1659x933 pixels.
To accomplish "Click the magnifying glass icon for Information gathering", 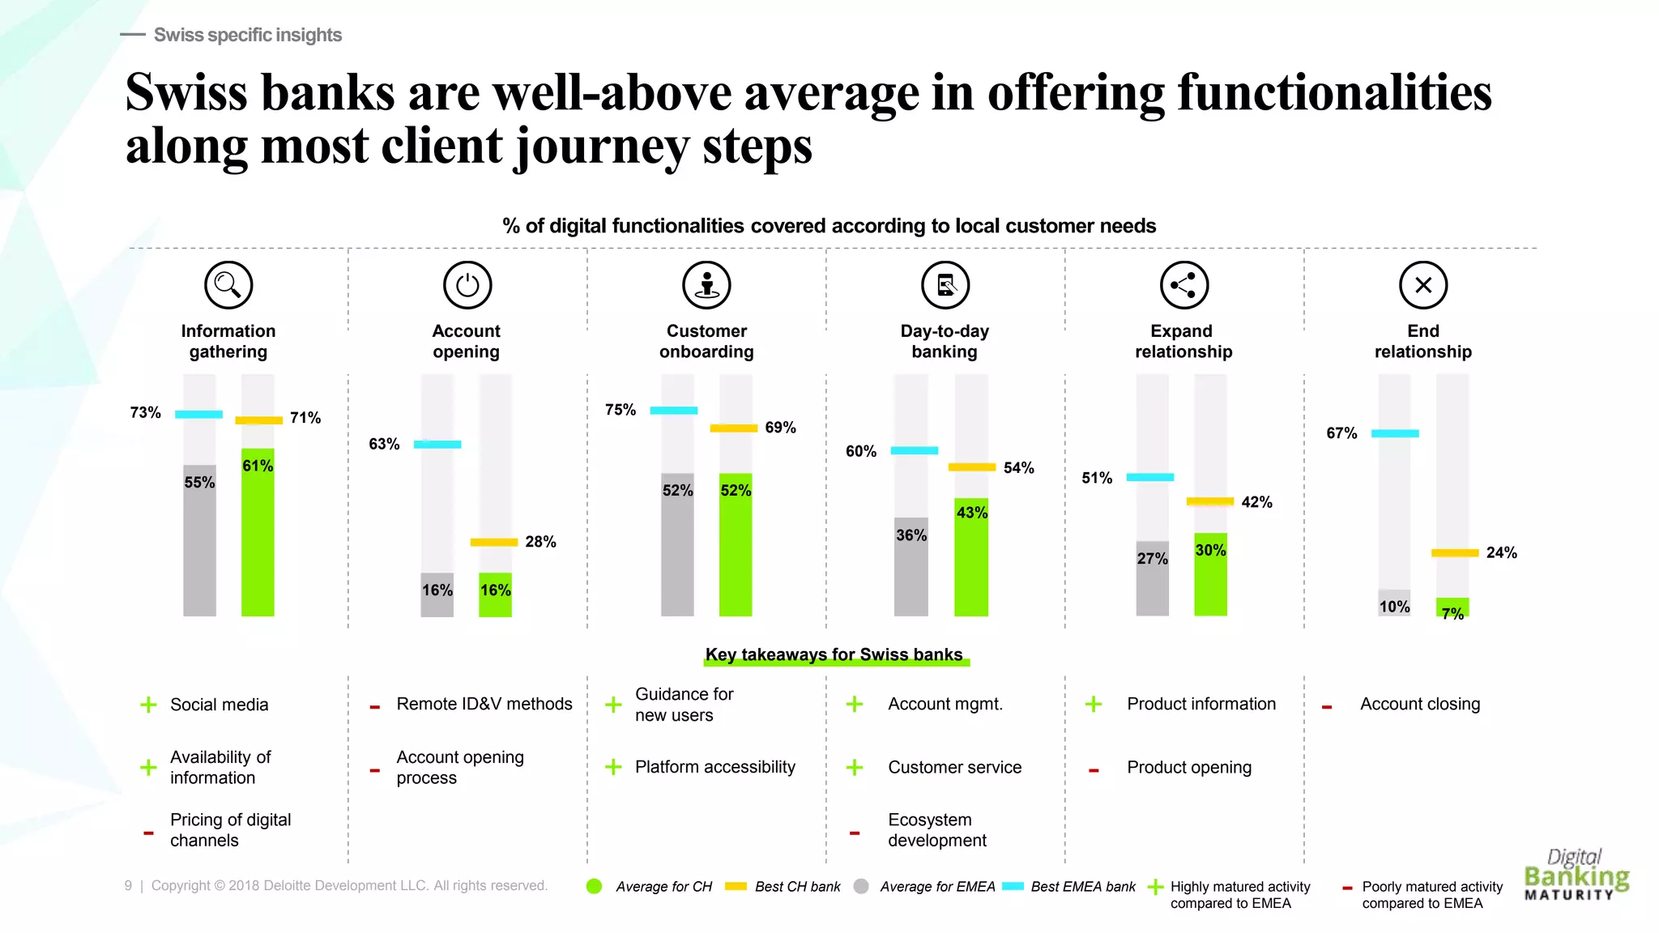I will pos(228,285).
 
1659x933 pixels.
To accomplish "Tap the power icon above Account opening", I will pos(467,285).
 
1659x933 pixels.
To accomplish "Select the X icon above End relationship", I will pos(1423,285).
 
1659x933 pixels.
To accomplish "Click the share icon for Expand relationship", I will pos(1184,285).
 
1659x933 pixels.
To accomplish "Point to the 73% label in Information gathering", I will pos(146,413).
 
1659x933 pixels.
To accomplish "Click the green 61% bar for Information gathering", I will pos(258,535).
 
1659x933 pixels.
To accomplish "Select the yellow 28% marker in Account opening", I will pos(494,542).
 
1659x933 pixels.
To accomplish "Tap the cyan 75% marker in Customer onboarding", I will pos(673,411).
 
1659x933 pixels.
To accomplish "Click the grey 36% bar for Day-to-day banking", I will pos(911,567).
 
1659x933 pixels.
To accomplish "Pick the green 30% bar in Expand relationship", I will pos(1210,575).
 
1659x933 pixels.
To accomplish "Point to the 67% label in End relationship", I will pos(1341,433).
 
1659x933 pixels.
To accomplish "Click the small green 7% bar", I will pos(1452,607).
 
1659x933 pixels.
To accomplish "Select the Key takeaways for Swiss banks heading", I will pos(834,654).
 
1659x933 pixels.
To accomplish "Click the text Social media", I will pos(219,705).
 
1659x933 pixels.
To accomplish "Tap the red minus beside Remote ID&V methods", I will pos(374,707).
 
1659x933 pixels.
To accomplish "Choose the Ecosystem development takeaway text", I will pos(936,830).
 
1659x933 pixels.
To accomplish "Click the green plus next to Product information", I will pos(1094,704).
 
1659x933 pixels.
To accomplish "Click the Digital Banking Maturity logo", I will pos(1576,875).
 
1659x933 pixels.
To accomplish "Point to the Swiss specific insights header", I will pos(247,35).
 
